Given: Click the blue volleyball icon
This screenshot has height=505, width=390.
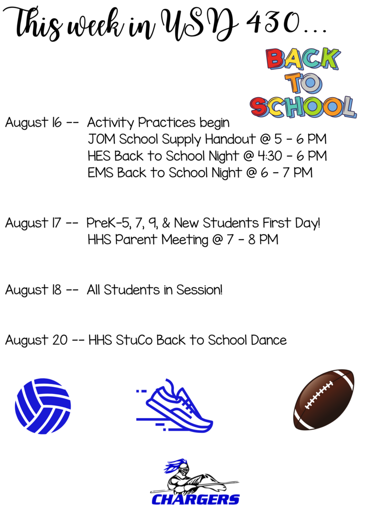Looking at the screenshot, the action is coord(43,406).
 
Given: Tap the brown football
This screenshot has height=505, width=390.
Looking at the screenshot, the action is coord(323,399).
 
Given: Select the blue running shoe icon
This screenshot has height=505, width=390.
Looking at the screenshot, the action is coord(174,405).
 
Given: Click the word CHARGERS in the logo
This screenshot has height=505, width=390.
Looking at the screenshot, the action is coord(195,499).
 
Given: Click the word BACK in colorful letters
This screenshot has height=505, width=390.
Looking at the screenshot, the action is coord(303,59).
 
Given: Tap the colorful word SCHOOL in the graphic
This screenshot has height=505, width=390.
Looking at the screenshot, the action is coord(303,107).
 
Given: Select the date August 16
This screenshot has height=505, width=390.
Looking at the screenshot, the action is coord(33,123).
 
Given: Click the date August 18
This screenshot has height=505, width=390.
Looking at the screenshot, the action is coord(33,290).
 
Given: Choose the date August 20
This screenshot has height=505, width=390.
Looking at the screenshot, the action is coord(36,340).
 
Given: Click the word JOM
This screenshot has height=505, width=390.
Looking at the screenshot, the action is coord(102,139).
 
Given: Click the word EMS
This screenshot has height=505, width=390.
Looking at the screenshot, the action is coord(101,173).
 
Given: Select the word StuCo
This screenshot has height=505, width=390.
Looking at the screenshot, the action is coord(134,340).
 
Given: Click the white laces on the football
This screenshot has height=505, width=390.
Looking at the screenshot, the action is coord(319,395).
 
